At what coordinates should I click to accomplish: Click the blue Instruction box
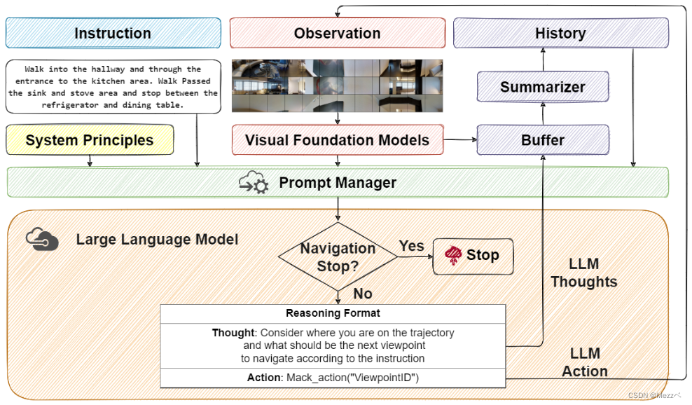click(113, 33)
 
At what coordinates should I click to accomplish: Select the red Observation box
click(338, 33)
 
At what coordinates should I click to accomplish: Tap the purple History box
click(561, 33)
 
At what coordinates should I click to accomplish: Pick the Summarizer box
click(543, 87)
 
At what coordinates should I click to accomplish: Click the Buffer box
click(543, 140)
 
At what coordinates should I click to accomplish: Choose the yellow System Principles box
click(90, 140)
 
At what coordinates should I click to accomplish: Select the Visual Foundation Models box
click(338, 140)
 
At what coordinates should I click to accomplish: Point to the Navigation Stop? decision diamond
click(338, 257)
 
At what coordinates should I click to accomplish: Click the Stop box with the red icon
click(473, 256)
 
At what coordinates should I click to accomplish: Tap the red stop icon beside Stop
click(453, 255)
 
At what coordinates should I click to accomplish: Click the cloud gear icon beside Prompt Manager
click(254, 182)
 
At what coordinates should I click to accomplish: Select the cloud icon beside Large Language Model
click(42, 239)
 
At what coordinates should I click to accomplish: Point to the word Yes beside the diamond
click(411, 246)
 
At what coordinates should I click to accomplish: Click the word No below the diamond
click(363, 294)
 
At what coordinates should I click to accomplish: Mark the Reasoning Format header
click(333, 313)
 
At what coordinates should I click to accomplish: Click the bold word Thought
click(233, 333)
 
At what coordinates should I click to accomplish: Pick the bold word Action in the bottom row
click(264, 378)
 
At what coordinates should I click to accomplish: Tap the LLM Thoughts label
click(584, 273)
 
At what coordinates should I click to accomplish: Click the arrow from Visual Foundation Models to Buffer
click(460, 139)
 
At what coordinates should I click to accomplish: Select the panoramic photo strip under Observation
click(338, 85)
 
